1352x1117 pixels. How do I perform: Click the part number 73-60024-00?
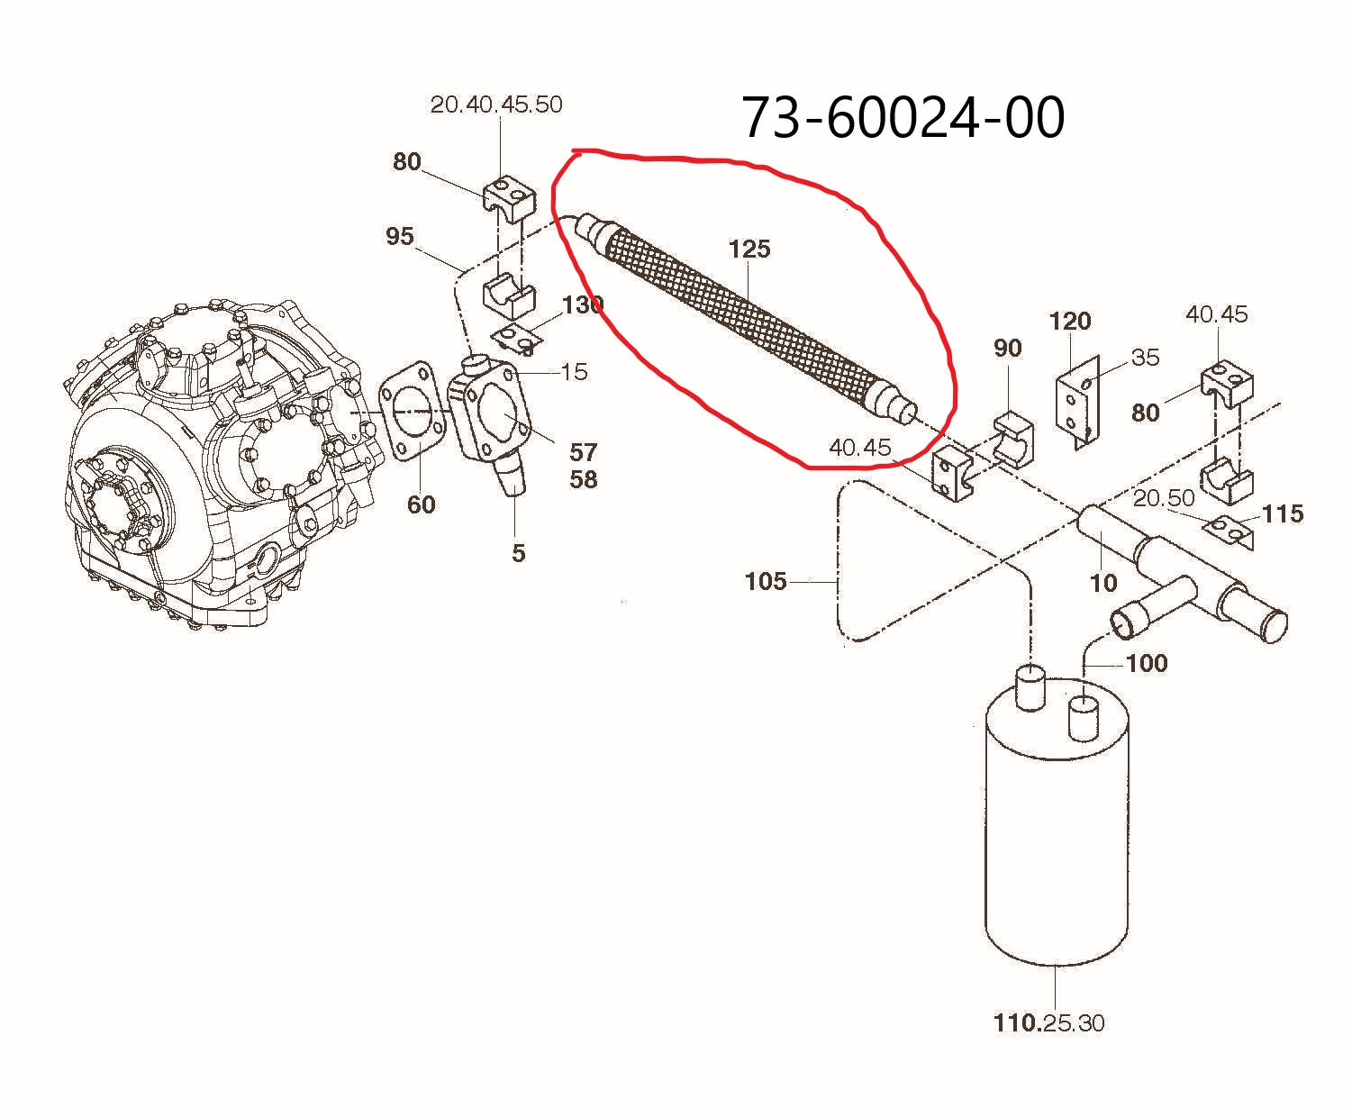pyautogui.click(x=903, y=118)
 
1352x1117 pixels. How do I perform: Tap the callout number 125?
pyautogui.click(x=749, y=249)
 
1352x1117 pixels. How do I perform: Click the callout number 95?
pyautogui.click(x=399, y=236)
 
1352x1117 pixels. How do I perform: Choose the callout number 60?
pyautogui.click(x=421, y=504)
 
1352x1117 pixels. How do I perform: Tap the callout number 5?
pyautogui.click(x=518, y=553)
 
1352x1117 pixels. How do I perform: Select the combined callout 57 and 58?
pyautogui.click(x=583, y=466)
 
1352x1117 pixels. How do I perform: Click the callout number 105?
pyautogui.click(x=766, y=581)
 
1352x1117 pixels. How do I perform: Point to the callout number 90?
pyautogui.click(x=1007, y=348)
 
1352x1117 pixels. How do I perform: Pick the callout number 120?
pyautogui.click(x=1070, y=321)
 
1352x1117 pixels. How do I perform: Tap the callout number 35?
pyautogui.click(x=1145, y=358)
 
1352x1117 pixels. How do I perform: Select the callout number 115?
pyautogui.click(x=1283, y=513)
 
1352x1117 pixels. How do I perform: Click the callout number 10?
pyautogui.click(x=1103, y=583)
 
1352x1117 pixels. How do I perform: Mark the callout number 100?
pyautogui.click(x=1147, y=663)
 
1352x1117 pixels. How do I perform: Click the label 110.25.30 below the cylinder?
pyautogui.click(x=1048, y=1022)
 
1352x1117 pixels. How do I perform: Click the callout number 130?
pyautogui.click(x=582, y=305)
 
